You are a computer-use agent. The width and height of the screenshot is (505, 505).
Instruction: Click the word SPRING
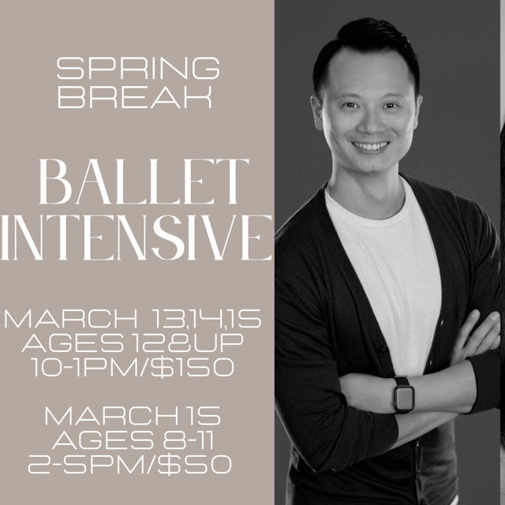pos(139,69)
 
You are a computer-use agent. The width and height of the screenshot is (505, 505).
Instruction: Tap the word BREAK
pos(139,96)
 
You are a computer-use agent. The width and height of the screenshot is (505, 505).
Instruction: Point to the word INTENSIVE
pos(139,234)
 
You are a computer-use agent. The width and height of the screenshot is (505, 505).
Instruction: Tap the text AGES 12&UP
pos(138,344)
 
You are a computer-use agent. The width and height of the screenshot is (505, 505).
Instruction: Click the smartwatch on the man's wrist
pos(403,394)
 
